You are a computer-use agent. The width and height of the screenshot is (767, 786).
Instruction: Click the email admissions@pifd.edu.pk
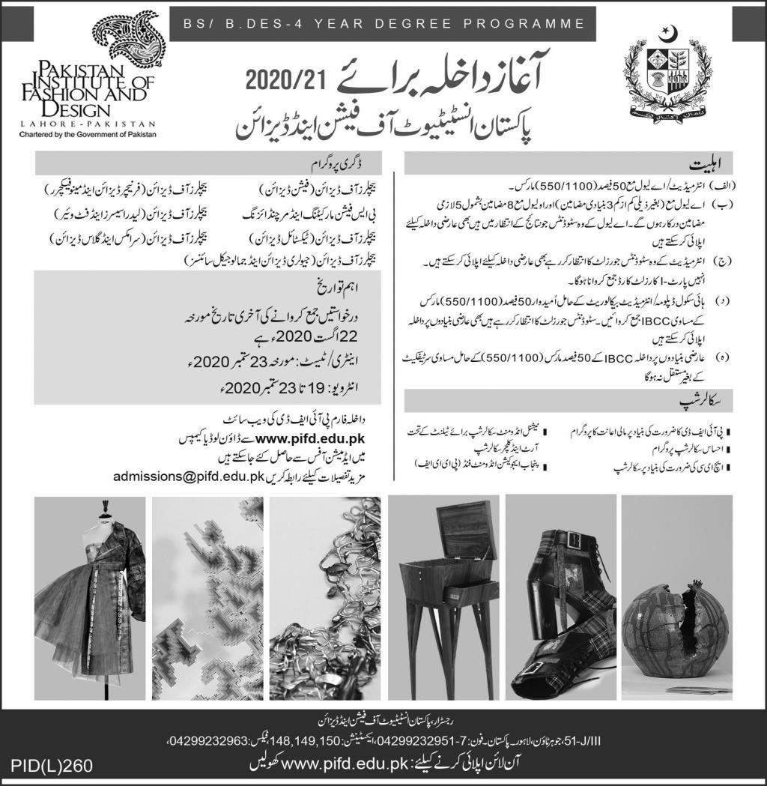187,476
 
